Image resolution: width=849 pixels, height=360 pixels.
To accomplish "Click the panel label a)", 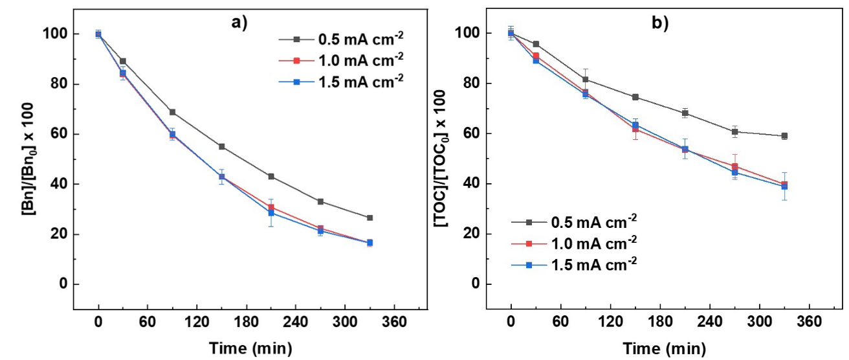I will (x=240, y=22).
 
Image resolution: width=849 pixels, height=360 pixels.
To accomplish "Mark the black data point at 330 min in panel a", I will (x=369, y=218).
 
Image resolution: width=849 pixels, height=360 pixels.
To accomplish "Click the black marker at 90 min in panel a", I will (x=172, y=112).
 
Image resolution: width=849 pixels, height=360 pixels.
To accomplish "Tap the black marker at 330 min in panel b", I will (x=784, y=136).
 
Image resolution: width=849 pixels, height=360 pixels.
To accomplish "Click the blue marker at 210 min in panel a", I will (x=271, y=212).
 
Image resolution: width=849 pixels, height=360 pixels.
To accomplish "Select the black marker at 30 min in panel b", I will (x=536, y=44).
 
